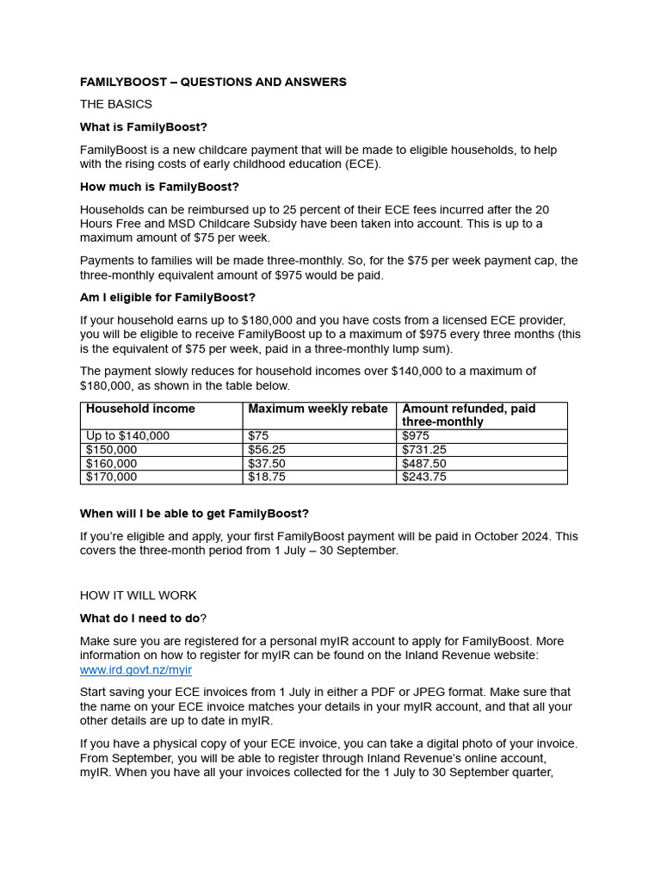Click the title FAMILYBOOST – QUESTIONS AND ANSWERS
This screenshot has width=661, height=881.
[x=213, y=83]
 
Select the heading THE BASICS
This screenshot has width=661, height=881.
[x=116, y=104]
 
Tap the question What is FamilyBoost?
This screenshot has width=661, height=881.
[x=144, y=127]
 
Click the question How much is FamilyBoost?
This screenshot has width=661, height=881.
[x=159, y=187]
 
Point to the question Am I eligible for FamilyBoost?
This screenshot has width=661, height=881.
[x=168, y=298]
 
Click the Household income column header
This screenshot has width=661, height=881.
[x=140, y=410]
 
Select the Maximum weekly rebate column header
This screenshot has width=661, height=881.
[x=318, y=410]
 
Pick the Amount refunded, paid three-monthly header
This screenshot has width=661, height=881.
[x=469, y=416]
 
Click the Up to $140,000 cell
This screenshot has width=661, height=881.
[x=127, y=436]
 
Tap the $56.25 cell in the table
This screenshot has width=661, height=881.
[x=267, y=450]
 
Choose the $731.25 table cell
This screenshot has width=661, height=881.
[x=424, y=450]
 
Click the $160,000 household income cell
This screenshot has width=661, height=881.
[x=111, y=464]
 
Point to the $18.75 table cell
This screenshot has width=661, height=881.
[x=267, y=477]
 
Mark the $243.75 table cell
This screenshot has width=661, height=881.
[x=424, y=477]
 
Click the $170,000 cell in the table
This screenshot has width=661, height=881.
[x=111, y=477]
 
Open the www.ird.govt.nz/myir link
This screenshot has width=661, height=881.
[x=136, y=670]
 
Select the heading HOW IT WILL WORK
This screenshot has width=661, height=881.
[x=139, y=595]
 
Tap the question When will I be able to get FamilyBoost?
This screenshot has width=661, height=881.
[x=195, y=514]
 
